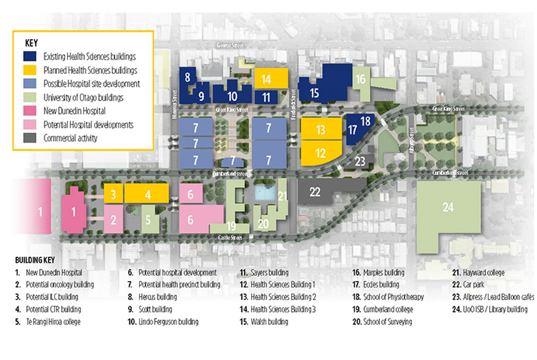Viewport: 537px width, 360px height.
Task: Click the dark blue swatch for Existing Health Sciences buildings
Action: coord(32,57)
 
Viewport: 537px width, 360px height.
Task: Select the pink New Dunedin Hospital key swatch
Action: coord(32,111)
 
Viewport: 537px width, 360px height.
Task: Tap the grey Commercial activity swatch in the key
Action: coord(32,138)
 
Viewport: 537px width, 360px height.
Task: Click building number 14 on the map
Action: coord(266,79)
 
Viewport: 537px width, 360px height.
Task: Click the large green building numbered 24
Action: coord(448,208)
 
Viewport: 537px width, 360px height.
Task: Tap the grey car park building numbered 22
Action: coord(315,191)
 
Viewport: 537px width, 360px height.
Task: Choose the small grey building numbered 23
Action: coord(361,161)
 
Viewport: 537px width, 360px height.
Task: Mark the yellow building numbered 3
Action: coord(113,193)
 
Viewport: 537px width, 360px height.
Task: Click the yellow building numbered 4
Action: coord(147,193)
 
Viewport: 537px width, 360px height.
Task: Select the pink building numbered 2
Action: coord(113,219)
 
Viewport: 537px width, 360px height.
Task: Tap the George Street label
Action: coord(230,46)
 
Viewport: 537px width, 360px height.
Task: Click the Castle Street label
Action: coord(230,238)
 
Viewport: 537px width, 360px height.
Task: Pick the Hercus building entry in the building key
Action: coord(157,297)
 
